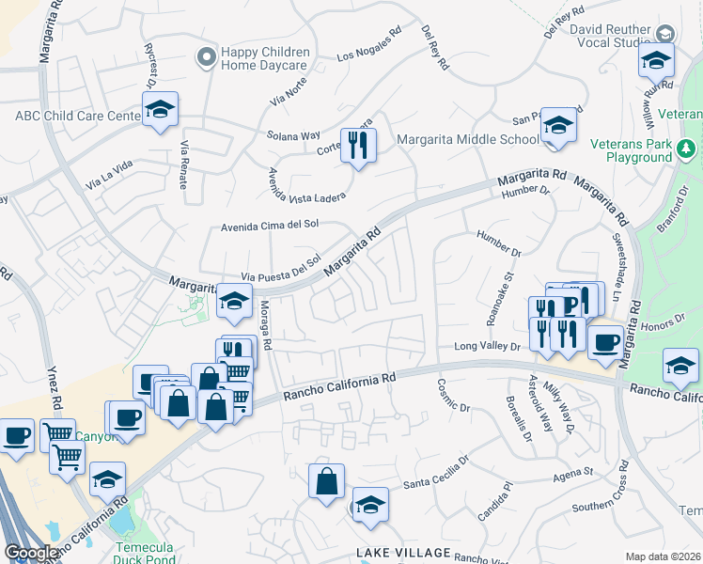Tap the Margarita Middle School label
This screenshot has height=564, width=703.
click(x=467, y=140)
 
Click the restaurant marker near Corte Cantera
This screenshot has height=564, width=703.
click(x=357, y=145)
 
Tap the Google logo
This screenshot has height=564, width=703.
click(x=31, y=554)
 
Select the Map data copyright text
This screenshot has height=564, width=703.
click(x=664, y=556)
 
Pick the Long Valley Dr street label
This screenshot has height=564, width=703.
click(x=488, y=347)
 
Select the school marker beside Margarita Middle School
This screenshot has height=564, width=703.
click(x=559, y=126)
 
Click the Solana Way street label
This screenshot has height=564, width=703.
click(x=292, y=135)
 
